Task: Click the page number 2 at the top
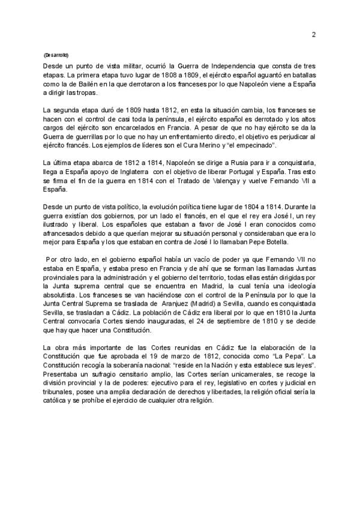(313, 34)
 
